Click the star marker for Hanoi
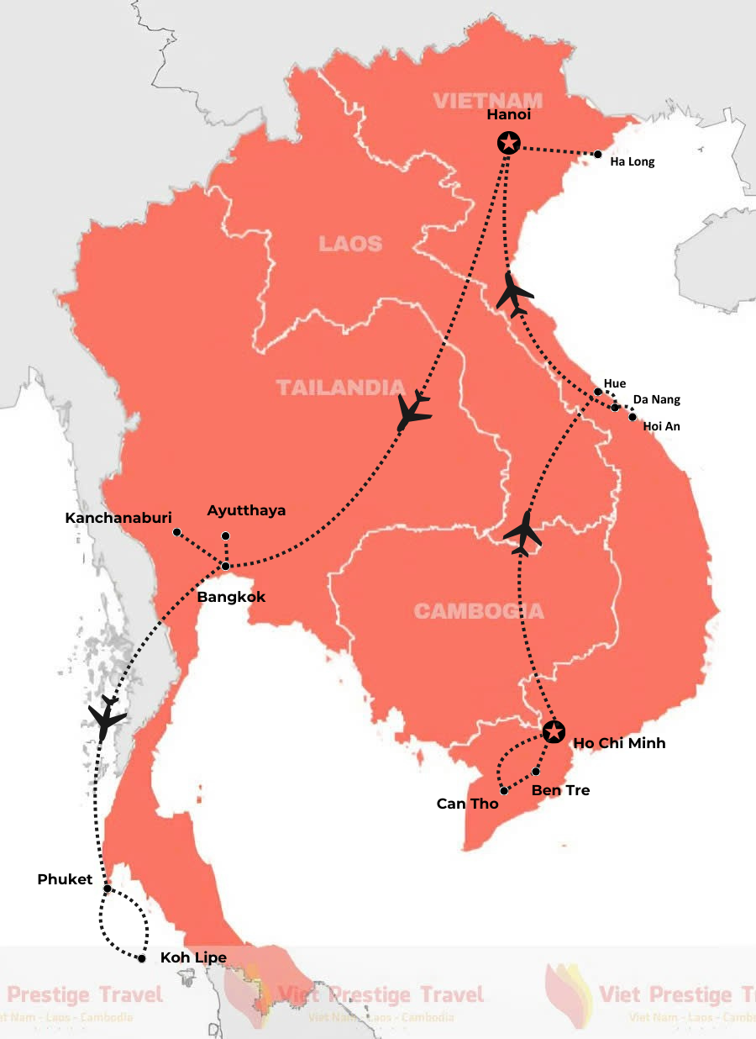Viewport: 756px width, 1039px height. coord(507,143)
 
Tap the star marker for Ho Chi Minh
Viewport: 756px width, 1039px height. coord(553,731)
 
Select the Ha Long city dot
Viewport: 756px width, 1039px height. coord(597,155)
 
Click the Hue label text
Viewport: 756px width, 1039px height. coord(615,383)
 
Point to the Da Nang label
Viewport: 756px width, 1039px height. coord(656,399)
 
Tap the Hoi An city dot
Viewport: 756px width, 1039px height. coord(633,417)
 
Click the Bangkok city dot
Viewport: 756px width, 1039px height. coord(225,566)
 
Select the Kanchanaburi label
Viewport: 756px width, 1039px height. coord(118,519)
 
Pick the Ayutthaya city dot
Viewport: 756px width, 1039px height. coord(224,535)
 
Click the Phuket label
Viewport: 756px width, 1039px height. coord(65,879)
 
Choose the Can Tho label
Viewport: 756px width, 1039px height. coord(467,804)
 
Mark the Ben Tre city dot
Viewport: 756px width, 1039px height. coord(536,772)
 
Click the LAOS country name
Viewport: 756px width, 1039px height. coord(350,244)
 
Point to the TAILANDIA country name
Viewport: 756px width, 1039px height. coord(341,388)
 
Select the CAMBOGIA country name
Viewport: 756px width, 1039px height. coord(479,610)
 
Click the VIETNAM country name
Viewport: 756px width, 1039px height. coord(487,101)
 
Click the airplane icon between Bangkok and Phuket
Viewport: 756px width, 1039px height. coord(107,717)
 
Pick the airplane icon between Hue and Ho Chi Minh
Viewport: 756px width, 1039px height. coord(523,531)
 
